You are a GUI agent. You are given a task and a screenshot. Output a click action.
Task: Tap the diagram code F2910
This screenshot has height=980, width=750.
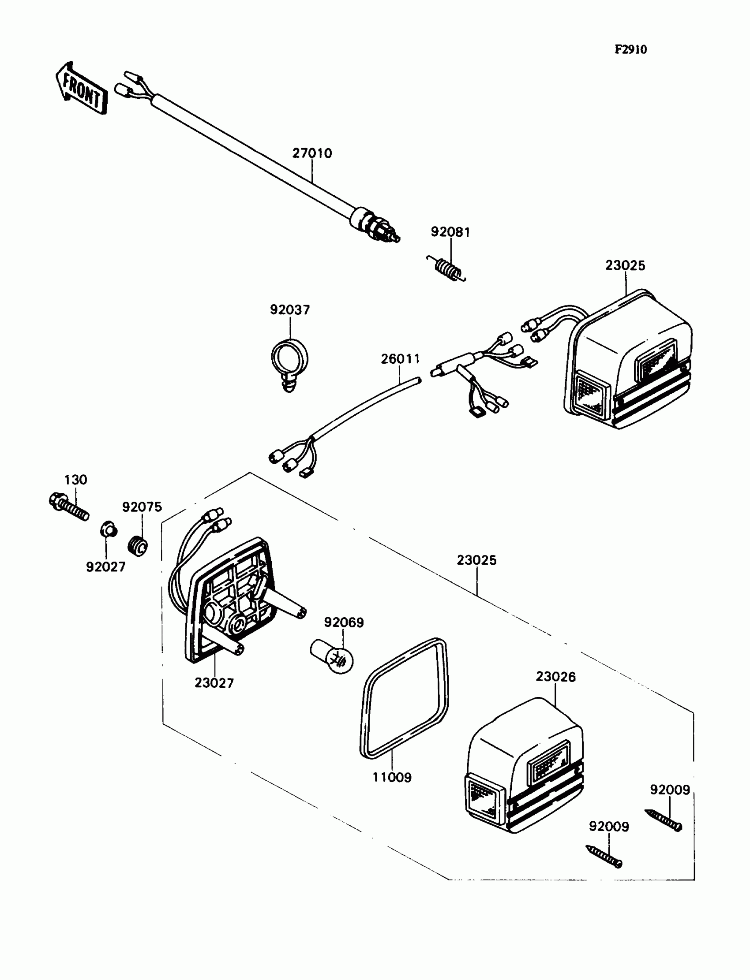(630, 49)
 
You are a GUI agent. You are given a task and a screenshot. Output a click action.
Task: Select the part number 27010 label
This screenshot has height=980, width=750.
(312, 153)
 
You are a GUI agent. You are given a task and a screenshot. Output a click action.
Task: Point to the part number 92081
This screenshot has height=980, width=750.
(450, 232)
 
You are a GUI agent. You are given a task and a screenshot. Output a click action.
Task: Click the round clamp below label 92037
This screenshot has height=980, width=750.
(289, 361)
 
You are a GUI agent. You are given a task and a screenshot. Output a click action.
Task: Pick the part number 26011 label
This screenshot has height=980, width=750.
(401, 359)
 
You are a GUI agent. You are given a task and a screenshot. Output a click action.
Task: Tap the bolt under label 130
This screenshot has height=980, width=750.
(69, 507)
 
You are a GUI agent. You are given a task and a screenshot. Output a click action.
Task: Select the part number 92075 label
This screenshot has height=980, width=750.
(142, 507)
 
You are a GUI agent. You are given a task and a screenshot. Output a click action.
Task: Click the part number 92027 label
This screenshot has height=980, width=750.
(106, 567)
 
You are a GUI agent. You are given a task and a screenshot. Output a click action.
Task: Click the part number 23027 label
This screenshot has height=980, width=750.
(214, 683)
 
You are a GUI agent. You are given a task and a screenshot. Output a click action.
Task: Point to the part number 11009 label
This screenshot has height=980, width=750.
(392, 778)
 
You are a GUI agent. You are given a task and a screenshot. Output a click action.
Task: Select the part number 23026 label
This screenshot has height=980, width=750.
(555, 677)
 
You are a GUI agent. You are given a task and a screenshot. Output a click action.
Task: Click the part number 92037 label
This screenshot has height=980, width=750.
(290, 309)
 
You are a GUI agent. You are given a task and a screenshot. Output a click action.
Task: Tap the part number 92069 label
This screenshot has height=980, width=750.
(344, 622)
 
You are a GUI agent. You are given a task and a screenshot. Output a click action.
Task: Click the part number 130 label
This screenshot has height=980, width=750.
(75, 480)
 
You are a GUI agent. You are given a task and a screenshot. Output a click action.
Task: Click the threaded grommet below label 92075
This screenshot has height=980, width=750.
(138, 546)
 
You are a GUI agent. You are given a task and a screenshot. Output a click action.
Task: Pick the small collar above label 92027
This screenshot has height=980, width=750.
(108, 529)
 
